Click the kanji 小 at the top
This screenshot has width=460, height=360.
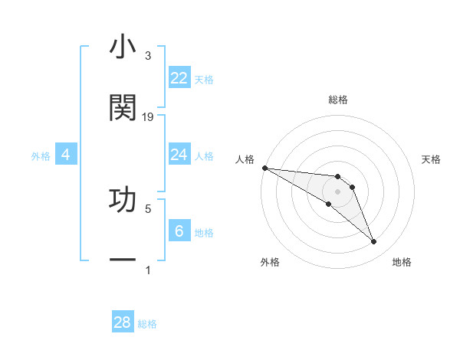123,47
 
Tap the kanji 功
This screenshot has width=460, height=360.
123,198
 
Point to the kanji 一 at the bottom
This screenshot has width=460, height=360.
123,260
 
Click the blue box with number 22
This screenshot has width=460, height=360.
179,78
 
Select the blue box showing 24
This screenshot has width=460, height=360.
179,155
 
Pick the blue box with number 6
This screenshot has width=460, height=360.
179,231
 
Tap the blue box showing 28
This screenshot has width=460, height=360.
123,322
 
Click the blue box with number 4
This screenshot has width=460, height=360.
66,155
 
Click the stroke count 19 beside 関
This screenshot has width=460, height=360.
148,117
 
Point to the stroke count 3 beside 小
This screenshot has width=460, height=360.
148,56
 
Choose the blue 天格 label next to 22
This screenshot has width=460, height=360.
204,79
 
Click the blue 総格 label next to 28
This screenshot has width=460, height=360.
147,323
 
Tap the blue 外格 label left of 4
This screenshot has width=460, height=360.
41,155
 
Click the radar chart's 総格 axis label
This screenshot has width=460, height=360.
337,100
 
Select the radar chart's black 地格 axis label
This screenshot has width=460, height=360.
402,262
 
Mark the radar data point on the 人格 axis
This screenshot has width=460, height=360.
264,168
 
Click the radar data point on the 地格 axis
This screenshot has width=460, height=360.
373,242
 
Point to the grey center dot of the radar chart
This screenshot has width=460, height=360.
337,191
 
